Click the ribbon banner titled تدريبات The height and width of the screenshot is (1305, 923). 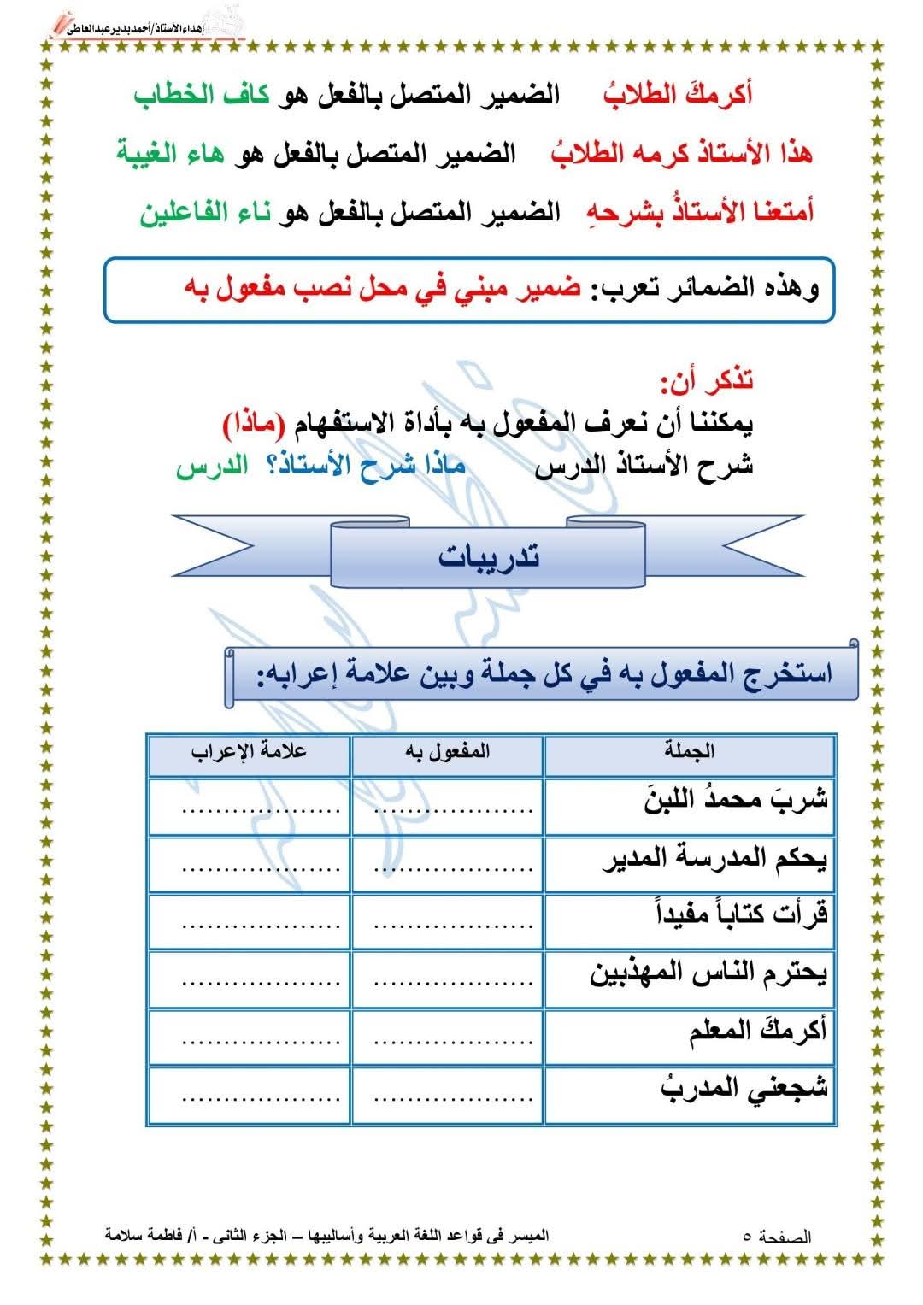coord(488,556)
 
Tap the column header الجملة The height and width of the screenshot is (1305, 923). coord(689,752)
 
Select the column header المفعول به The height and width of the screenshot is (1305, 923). coord(447,752)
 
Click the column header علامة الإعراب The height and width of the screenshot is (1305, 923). coord(249,752)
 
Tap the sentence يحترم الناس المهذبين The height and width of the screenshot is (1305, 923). coord(708,973)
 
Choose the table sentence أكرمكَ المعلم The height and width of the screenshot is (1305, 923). coord(758,1031)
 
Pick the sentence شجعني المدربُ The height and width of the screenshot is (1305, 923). coord(744,1088)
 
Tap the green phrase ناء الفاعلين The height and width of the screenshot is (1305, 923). coord(205,212)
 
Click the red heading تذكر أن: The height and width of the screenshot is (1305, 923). coord(707,379)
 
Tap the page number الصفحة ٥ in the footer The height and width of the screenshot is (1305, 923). coord(777,1237)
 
